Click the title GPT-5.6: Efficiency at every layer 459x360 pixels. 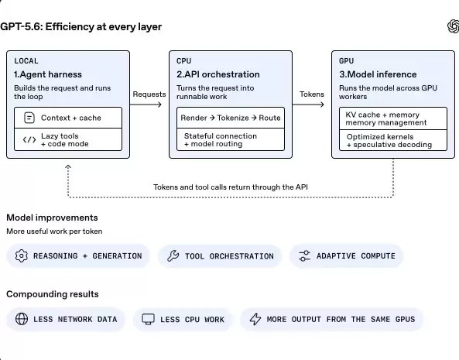coord(80,26)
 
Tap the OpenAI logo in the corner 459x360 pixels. coord(453,26)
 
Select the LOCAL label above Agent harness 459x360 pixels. coord(26,61)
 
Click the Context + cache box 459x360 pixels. coord(68,118)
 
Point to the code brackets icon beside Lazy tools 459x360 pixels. coord(29,139)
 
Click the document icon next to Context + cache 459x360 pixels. coord(29,118)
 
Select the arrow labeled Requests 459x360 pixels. coord(146,105)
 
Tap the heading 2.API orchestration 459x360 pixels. coord(218,74)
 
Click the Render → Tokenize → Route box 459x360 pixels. coord(231,118)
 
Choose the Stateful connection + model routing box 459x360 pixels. coord(231,139)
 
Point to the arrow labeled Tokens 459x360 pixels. coord(308,105)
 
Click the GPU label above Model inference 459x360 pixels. coord(346,61)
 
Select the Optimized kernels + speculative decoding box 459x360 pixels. coord(393,140)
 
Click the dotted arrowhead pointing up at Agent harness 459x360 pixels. coord(68,166)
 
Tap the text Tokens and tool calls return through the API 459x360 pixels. coord(231,187)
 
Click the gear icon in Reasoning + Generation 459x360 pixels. coord(22,255)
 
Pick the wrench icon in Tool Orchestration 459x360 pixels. coord(173,255)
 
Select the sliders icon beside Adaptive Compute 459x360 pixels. coord(304,255)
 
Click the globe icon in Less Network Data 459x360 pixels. coord(22,319)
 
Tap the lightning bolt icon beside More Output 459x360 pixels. coord(255,319)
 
